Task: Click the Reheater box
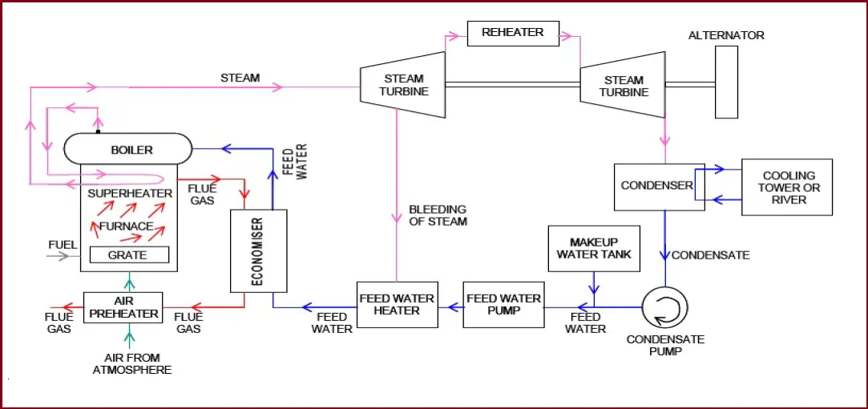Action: [x=512, y=33]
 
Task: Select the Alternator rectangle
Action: [x=726, y=82]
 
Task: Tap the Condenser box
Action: [x=658, y=186]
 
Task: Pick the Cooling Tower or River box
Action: [x=786, y=187]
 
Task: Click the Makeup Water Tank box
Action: [x=593, y=248]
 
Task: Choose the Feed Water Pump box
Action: [x=503, y=304]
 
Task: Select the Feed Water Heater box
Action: [x=397, y=304]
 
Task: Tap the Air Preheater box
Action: [x=123, y=307]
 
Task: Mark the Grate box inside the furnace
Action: [x=128, y=255]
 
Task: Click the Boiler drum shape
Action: [x=128, y=150]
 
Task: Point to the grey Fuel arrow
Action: [x=58, y=256]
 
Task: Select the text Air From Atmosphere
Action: [x=131, y=363]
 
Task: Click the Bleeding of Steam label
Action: [x=438, y=215]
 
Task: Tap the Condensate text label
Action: [x=710, y=255]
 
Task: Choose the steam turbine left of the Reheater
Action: [x=402, y=85]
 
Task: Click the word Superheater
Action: [x=130, y=194]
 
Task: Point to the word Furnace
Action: [x=126, y=227]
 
